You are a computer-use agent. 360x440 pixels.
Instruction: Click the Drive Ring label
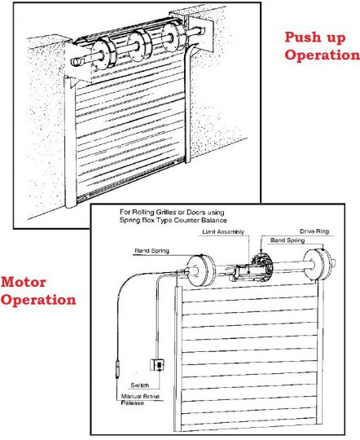tap(314, 232)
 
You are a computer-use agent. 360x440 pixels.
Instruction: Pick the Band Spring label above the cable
tap(151, 250)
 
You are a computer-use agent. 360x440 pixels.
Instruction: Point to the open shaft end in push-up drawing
tap(74, 59)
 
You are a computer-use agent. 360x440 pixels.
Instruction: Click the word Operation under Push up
tap(321, 55)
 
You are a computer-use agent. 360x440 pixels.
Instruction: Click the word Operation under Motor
tap(38, 300)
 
